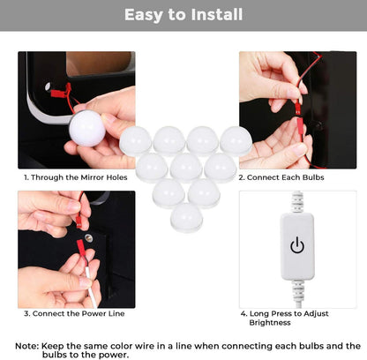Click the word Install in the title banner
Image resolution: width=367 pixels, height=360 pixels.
tap(216, 15)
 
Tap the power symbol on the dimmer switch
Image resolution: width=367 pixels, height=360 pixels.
tap(297, 245)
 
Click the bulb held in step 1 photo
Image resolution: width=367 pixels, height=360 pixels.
tap(87, 129)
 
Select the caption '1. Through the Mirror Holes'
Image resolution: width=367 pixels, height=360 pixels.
tap(76, 177)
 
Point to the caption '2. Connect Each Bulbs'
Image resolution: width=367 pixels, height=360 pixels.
tap(281, 177)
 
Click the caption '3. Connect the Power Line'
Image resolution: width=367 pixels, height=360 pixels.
tap(74, 313)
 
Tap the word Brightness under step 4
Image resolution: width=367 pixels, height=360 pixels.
tap(270, 323)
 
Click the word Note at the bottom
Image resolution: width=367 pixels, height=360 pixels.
tap(26, 346)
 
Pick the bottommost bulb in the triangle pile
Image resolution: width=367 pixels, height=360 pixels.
tap(186, 218)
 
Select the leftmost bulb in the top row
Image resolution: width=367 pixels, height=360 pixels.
tap(136, 141)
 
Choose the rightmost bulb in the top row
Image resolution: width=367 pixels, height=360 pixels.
tap(236, 141)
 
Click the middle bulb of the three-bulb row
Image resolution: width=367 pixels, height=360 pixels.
tap(186, 168)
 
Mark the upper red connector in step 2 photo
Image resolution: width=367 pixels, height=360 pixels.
tap(298, 108)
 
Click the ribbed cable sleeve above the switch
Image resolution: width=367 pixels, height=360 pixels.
tap(297, 202)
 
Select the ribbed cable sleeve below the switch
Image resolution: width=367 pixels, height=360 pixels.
tap(298, 289)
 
